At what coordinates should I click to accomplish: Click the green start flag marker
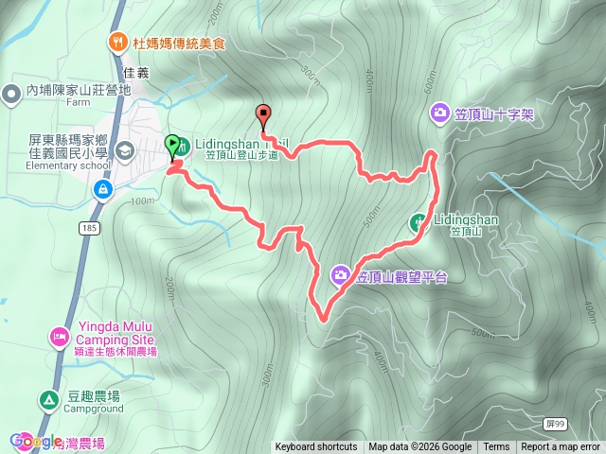[x=173, y=147]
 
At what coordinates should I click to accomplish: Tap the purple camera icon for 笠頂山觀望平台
[x=340, y=276]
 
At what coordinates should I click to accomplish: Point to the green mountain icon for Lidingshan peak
[x=418, y=222]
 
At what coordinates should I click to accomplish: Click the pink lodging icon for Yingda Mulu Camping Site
[x=58, y=336]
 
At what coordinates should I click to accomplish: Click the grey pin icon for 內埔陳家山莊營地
[x=12, y=92]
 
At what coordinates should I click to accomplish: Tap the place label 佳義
[x=136, y=72]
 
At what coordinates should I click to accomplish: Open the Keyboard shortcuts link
[x=316, y=447]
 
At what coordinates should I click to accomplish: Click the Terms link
[x=496, y=447]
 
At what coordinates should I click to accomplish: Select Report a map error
[x=561, y=447]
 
